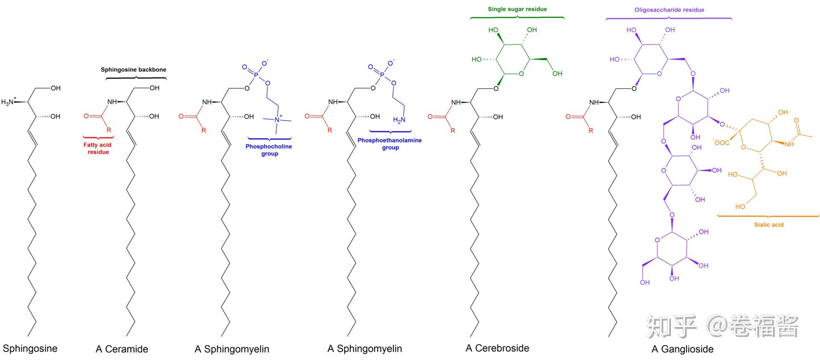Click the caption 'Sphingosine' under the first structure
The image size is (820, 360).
(x=30, y=348)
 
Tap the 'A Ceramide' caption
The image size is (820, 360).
(x=122, y=349)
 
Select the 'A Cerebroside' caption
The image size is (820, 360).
(x=497, y=348)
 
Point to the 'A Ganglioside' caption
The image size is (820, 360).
(x=682, y=349)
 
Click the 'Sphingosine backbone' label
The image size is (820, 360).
(x=133, y=70)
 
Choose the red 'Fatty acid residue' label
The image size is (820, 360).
(x=98, y=148)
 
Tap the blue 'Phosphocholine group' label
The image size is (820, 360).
(x=269, y=150)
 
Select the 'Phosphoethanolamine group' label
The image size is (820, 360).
(x=389, y=143)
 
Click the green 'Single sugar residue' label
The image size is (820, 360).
(x=517, y=9)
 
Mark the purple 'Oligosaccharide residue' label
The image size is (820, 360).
(x=669, y=10)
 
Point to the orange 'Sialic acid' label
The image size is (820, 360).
(x=768, y=225)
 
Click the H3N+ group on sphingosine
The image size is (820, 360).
(x=9, y=102)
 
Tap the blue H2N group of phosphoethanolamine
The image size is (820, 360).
(x=399, y=120)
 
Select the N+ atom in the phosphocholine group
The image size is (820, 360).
(x=278, y=120)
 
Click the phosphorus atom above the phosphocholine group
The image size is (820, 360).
(x=256, y=75)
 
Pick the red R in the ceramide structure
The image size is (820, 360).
(x=109, y=130)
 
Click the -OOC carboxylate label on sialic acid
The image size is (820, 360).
(x=721, y=142)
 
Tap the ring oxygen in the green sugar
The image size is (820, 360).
(x=521, y=74)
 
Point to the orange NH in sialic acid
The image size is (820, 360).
(x=789, y=144)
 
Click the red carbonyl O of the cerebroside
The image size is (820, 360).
(x=430, y=117)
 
